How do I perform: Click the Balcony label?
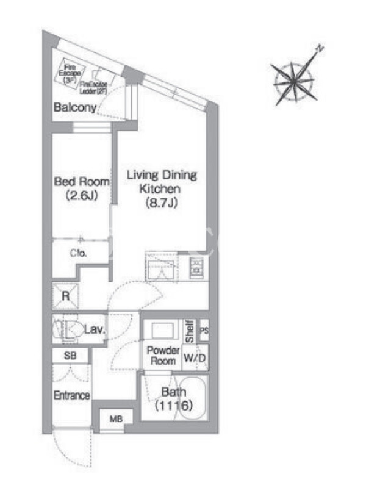pos(75,107)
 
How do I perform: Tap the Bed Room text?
pos(82,181)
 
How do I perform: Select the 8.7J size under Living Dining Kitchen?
pos(162,203)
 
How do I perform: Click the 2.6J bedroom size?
pos(82,195)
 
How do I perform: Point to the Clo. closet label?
pos(78,253)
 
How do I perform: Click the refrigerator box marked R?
pos(65,296)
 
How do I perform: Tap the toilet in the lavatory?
pos(68,329)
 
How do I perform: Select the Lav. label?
pos(95,329)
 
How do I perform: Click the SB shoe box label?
pos(70,356)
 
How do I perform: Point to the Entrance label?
pos(72,395)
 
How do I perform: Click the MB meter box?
pos(116,419)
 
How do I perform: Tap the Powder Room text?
pos(163,356)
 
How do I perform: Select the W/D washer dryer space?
pos(195,357)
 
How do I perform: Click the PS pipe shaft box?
pos(204,330)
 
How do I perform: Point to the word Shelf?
pos(190,331)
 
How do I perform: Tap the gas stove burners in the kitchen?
pos(196,267)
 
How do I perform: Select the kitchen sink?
pos(162,267)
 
